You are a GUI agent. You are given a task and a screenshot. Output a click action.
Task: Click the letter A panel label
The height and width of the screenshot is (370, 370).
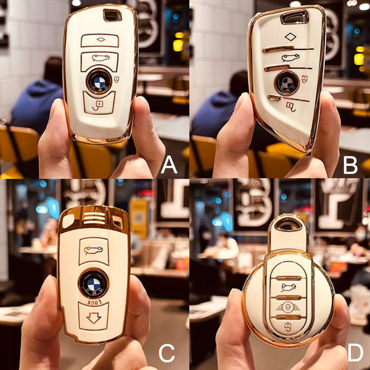[x=169, y=166]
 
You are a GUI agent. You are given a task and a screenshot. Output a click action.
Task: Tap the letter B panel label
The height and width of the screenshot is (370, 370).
[x=350, y=166]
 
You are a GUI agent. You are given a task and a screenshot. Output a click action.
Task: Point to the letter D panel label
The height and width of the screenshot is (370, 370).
[x=354, y=353]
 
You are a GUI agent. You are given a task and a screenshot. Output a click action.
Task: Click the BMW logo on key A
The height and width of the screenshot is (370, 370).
[x=99, y=82]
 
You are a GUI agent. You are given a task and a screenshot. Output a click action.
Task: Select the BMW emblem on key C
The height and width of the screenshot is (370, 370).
[x=94, y=284]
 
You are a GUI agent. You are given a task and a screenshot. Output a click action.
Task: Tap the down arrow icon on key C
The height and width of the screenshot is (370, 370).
[x=94, y=318]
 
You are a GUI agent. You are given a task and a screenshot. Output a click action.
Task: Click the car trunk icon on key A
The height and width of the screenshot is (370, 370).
[x=99, y=60]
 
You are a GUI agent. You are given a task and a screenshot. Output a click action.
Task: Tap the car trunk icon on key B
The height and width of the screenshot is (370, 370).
[x=287, y=58]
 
